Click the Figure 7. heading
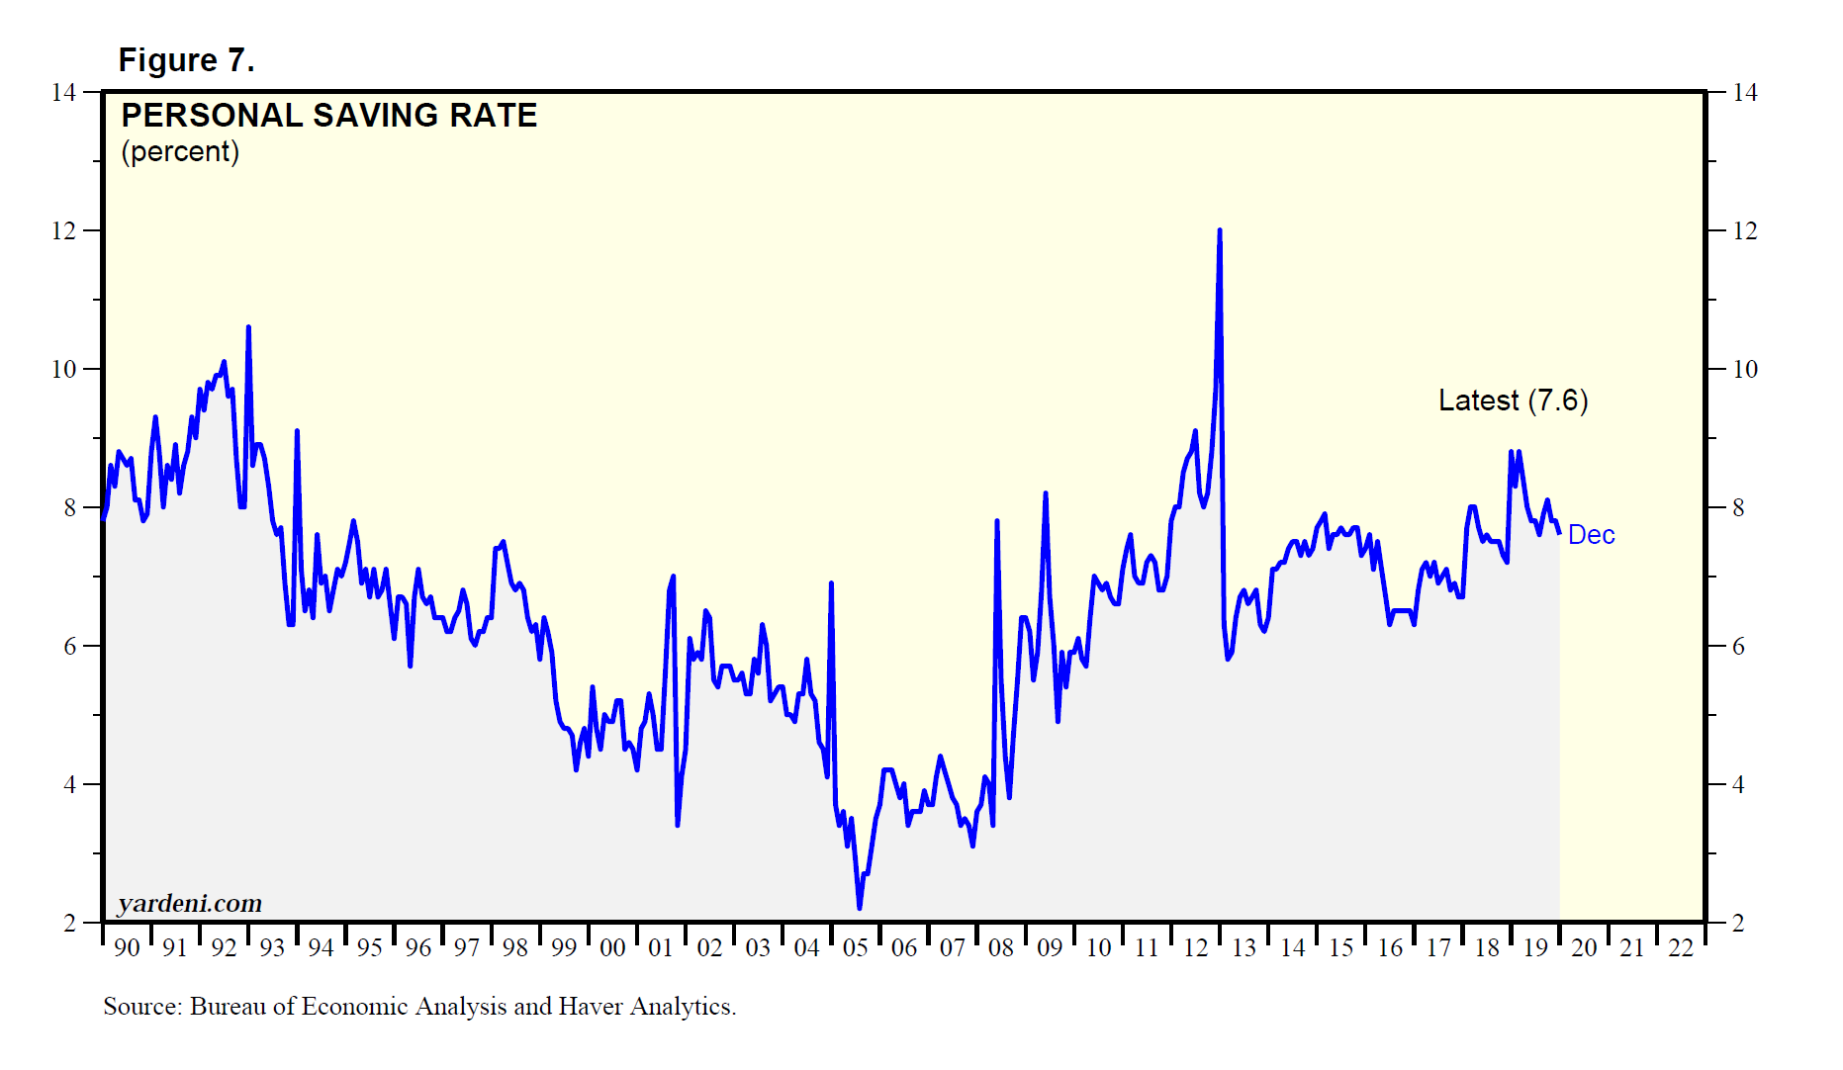click(186, 60)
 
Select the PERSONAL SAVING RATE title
click(328, 116)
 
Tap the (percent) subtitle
click(180, 152)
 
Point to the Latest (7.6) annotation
click(1513, 401)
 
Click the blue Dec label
click(1591, 535)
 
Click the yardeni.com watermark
click(190, 903)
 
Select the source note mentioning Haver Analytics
click(419, 1007)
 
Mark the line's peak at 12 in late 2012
click(1219, 230)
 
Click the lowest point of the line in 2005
click(859, 908)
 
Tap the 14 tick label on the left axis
click(63, 93)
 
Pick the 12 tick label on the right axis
click(1745, 231)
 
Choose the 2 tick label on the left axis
click(69, 924)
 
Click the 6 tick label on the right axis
click(1738, 647)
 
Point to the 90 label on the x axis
click(127, 948)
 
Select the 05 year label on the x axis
click(855, 948)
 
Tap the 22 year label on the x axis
click(1681, 948)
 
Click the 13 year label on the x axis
click(1244, 948)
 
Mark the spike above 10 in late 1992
click(248, 326)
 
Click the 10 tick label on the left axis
click(63, 370)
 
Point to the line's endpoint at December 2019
click(1559, 534)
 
